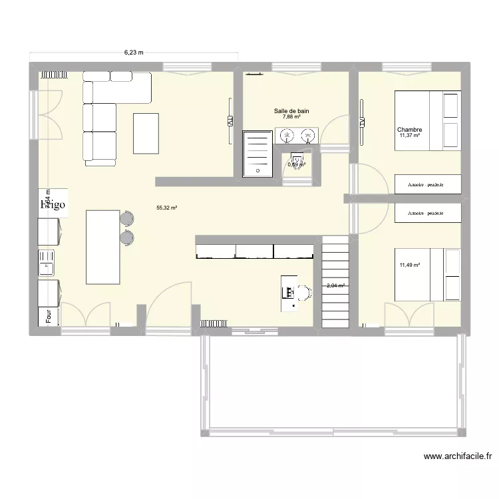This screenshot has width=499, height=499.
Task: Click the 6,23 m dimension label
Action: coord(134,51)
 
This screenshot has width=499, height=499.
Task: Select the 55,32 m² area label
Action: coord(167,208)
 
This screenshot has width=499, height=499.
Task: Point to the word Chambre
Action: coord(410,130)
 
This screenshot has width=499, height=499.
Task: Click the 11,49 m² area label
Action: coord(410,265)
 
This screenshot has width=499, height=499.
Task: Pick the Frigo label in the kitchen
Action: coord(53,204)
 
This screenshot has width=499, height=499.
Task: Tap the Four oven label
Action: coord(49,317)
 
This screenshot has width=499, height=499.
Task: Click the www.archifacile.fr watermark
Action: coord(457,456)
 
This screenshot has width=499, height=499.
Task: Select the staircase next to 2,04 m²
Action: coord(335,283)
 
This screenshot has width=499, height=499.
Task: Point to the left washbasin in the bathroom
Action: coord(287,136)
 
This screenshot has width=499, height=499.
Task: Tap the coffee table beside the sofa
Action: coord(146,133)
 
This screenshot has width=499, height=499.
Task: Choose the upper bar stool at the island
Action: coord(126,218)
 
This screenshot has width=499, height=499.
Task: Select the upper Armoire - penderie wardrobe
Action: coord(428,184)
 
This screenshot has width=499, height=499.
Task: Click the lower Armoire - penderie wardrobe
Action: coord(428,213)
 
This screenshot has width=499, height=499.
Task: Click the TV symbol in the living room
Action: coord(230,122)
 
